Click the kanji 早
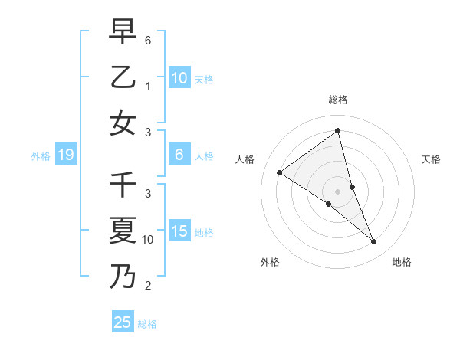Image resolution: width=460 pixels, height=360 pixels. pos(123,33)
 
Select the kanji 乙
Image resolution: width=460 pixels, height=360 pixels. pos(123,78)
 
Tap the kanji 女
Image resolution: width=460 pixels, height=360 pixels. pos(123,123)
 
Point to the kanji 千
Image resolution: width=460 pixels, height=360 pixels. pos(123,186)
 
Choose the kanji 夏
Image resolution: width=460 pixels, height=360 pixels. pos(123,231)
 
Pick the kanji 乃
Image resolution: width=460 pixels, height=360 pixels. pos(123,275)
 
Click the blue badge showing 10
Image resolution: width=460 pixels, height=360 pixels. pos(179,77)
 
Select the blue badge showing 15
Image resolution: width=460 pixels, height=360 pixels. pos(179,231)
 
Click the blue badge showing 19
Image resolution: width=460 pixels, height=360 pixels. pos(65,155)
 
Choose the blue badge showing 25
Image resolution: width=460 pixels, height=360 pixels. pos(123,322)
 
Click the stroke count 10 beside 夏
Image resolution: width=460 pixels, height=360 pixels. pos(148,240)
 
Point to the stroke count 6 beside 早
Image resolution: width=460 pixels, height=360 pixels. pos(148,40)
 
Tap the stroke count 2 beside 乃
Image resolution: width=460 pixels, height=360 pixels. pos(148,286)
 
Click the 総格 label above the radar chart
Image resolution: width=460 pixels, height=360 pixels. pos(338,100)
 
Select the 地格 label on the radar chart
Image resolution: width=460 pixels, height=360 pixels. pos(402,262)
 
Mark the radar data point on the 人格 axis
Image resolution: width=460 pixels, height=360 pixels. pos(280,172)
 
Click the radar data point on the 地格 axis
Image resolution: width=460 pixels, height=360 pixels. pos(374,242)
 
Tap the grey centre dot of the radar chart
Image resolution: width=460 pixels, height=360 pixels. pos(338,191)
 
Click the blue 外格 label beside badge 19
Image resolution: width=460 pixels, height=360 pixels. pos(41,156)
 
